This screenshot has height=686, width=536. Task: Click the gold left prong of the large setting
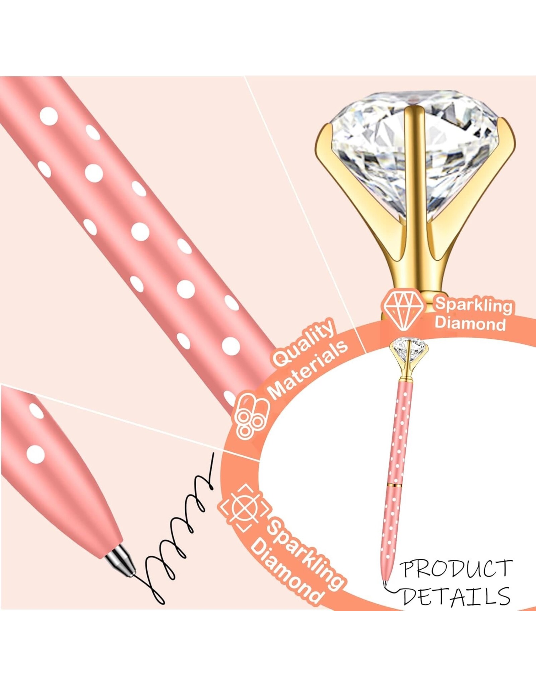[338, 174]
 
